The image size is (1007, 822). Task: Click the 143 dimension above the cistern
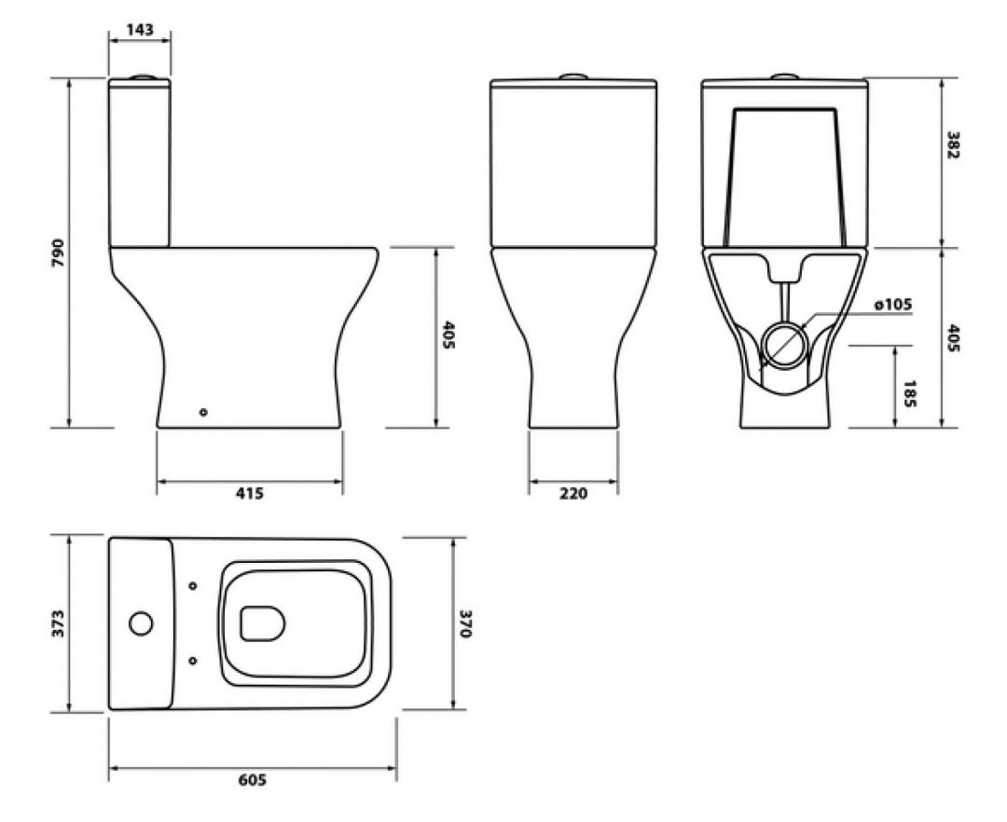pyautogui.click(x=140, y=30)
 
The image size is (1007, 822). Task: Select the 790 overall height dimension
pyautogui.click(x=59, y=253)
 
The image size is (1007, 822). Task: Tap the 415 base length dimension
pyautogui.click(x=250, y=493)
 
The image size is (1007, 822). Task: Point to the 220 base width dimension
pyautogui.click(x=573, y=493)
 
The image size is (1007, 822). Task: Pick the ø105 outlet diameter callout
pyautogui.click(x=893, y=304)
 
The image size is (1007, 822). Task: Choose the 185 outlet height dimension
pyautogui.click(x=909, y=394)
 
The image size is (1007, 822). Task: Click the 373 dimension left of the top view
pyautogui.click(x=58, y=623)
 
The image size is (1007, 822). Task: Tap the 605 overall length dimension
pyautogui.click(x=253, y=780)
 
